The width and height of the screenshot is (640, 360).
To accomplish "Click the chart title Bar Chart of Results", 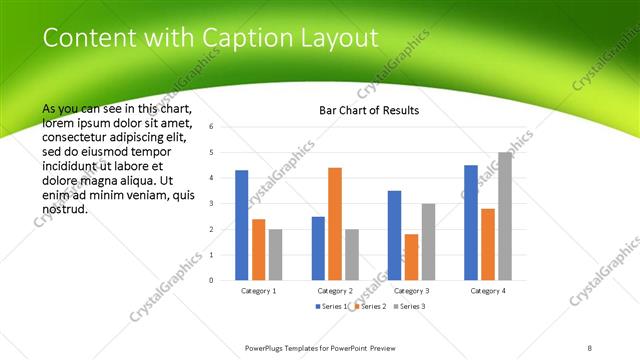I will coord(368,110).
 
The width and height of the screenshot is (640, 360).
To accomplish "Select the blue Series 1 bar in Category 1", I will coord(242,225).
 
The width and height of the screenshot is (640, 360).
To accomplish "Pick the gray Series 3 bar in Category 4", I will coord(504,216).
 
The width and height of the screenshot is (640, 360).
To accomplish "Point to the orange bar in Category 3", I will coord(411,257).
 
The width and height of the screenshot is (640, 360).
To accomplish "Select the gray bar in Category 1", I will coord(275,254).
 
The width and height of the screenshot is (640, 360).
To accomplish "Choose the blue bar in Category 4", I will coord(470,222).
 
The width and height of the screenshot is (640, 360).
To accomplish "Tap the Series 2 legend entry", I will coord(369,305).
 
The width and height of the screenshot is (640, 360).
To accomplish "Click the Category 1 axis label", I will coord(258,290).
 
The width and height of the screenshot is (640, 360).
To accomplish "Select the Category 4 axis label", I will coord(487,290).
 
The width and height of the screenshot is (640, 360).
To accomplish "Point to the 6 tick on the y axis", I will coord(211,127).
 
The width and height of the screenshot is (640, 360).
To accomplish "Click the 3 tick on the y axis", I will coord(211,204).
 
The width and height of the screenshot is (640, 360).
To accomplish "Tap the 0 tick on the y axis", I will coord(211,281).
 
